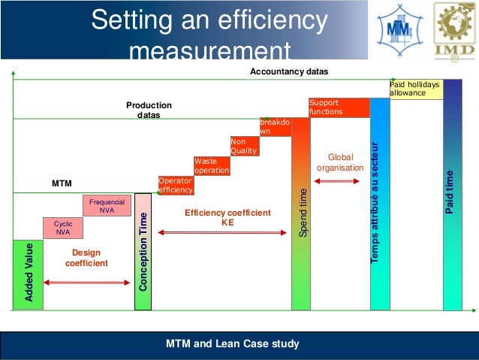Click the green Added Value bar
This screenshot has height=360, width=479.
28,274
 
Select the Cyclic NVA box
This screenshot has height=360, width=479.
62,228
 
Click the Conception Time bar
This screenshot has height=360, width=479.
143,251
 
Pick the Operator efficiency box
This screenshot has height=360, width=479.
175,185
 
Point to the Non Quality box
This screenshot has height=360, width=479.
244,146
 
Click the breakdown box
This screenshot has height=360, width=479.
274,126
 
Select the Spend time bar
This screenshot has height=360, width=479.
300,213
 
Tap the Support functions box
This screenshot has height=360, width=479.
338,107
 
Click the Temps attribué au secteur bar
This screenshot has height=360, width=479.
380,203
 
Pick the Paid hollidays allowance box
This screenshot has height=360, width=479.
414,89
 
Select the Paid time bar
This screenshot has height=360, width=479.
452,195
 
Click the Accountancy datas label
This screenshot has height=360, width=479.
289,71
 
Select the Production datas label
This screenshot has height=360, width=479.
149,110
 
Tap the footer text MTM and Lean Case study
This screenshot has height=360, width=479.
233,344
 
